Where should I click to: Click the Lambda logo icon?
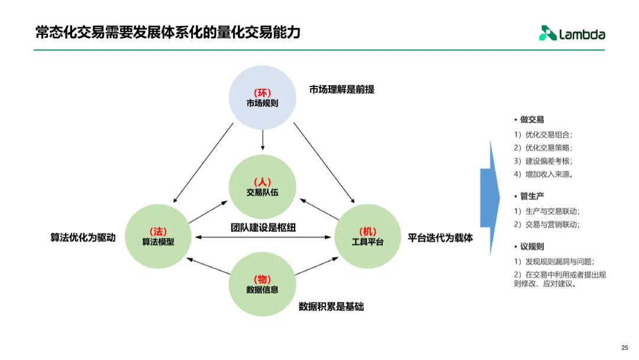pos(547,34)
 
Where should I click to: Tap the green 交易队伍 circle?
pos(262,186)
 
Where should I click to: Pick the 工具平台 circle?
pos(367,236)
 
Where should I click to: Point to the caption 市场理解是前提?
pos(341,89)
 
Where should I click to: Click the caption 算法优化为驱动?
pos(83,237)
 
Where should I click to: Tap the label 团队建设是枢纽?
pos(263,228)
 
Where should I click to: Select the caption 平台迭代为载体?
pos(440,237)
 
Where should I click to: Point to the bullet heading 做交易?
pos(532,120)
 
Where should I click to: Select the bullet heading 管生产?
pos(532,196)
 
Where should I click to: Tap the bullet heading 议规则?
pos(532,246)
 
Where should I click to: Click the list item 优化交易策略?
pos(548,147)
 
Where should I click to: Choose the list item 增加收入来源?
pos(548,174)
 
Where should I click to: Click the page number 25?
pos(624,348)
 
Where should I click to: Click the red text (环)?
pos(262,93)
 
